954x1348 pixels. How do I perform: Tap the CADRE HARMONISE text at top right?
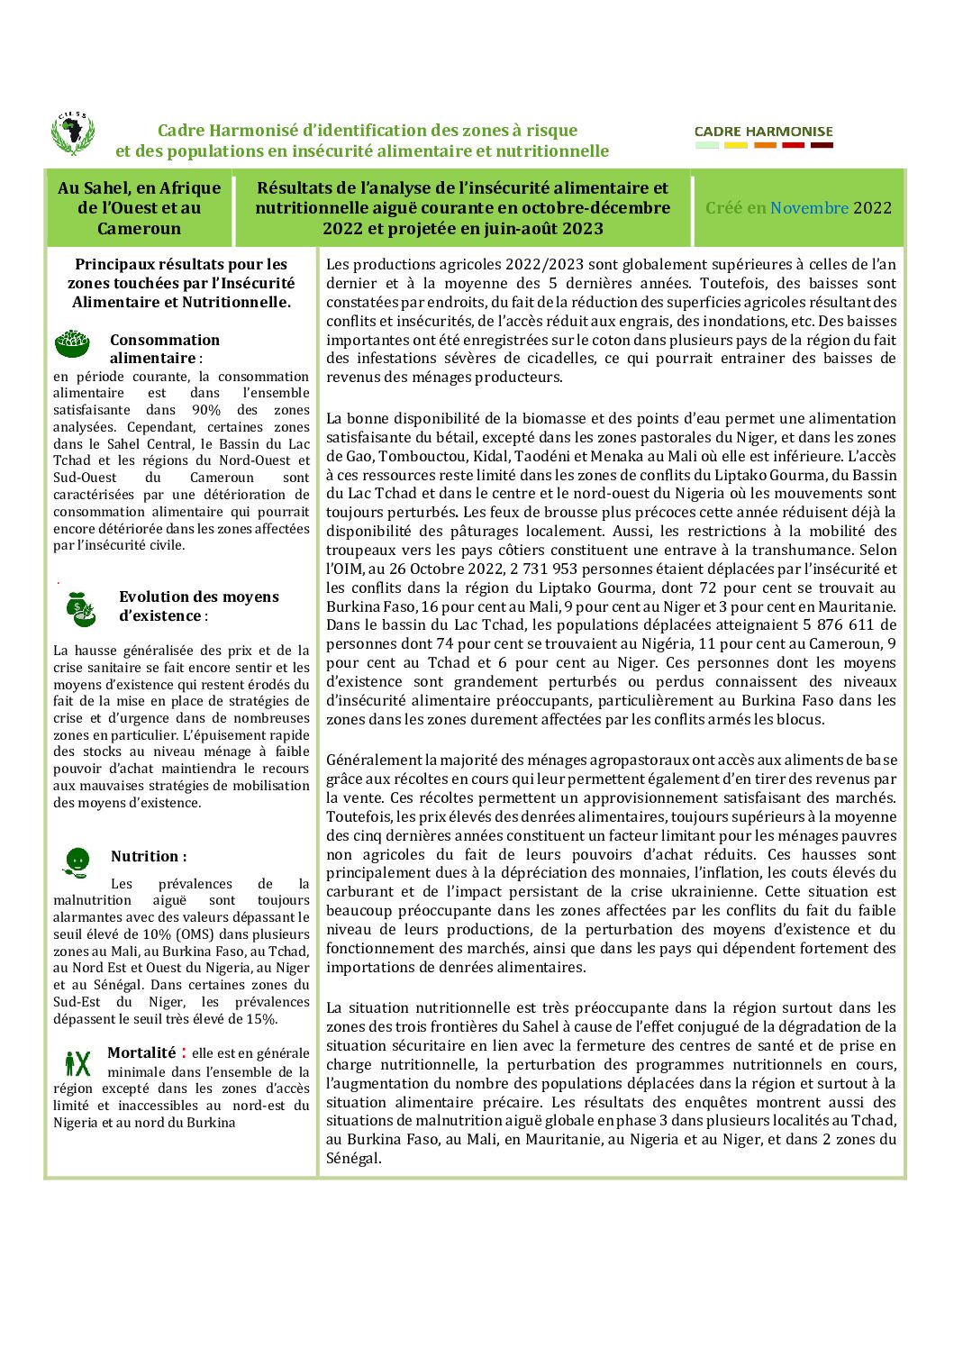coord(764,132)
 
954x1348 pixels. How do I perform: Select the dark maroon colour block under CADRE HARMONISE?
coord(822,145)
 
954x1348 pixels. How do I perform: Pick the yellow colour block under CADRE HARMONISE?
coord(736,145)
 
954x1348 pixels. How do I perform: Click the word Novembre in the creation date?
coord(809,208)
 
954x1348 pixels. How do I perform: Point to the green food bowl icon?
coord(72,343)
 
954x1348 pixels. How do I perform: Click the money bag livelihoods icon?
coord(80,608)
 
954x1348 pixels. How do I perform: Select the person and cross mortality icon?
coord(77,1063)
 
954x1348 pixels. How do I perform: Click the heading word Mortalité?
coord(141,1052)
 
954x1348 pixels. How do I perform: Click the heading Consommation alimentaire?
coord(164,349)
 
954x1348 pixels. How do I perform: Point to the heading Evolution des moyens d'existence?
coord(198,606)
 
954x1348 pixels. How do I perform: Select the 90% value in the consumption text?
coord(206,410)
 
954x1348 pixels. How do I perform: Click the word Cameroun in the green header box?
coord(139,228)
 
